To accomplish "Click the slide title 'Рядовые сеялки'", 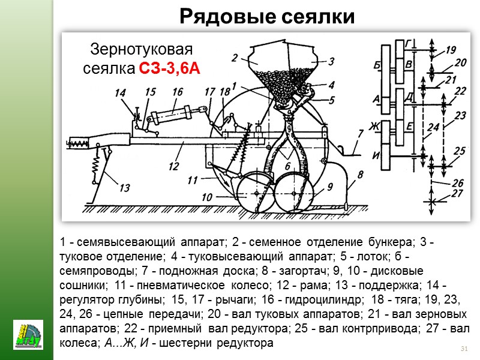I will pos(267,17).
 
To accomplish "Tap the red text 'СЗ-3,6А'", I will pos(169,69).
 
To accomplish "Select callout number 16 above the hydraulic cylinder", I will pos(177,92).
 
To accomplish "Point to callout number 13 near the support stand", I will pos(124,188).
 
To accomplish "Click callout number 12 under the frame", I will pos(173,165).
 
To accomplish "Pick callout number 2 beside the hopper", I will pos(235,58).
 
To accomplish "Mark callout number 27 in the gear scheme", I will pos(458,193).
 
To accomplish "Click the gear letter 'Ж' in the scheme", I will pos(377,125).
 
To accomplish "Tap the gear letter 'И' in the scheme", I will pos(377,155).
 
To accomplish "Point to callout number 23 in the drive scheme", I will pos(461,113).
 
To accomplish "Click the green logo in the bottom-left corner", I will pos(28,335).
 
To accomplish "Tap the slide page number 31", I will pos(463,349).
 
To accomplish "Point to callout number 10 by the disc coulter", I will pos(207,197).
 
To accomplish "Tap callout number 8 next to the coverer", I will pos(361,175).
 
